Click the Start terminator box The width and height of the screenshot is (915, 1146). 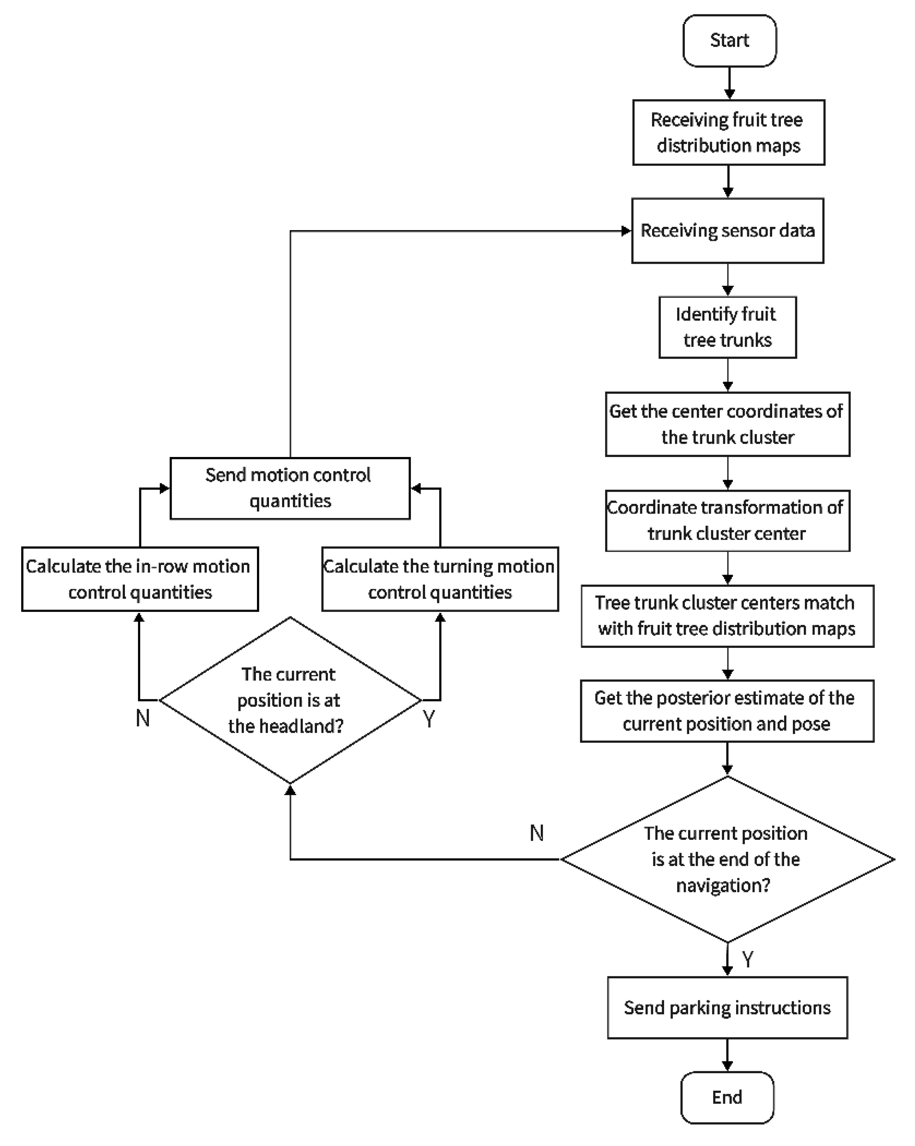729,40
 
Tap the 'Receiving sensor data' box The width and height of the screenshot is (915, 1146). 727,231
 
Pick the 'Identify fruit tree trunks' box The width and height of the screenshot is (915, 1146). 727,327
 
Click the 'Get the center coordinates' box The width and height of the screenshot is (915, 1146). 727,424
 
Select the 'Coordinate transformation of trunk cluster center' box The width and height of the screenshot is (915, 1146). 727,520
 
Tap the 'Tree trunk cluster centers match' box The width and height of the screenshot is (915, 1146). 727,616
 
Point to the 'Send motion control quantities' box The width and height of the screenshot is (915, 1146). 290,488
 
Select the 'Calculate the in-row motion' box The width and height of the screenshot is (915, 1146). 140,579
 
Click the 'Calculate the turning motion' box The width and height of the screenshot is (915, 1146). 440,579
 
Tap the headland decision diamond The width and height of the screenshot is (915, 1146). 290,700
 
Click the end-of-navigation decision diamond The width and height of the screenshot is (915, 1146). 727,859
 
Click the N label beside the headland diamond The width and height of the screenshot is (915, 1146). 142,718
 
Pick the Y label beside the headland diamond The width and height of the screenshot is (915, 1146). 429,719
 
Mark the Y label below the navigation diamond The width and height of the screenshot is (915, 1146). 748,960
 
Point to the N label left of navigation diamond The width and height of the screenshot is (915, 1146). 536,833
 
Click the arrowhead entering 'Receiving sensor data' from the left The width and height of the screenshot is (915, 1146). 626,231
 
